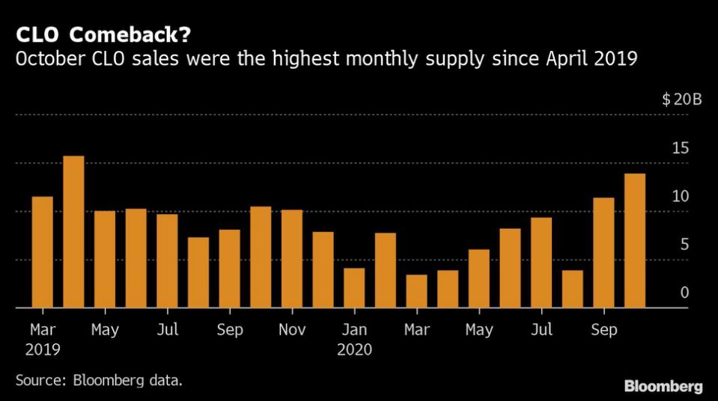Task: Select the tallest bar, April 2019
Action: [73, 232]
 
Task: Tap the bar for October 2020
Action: [635, 241]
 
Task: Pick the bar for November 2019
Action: [292, 259]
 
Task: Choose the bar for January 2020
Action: [354, 288]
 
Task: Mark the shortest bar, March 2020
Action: [417, 291]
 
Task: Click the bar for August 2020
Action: [573, 289]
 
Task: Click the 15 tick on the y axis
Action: [680, 148]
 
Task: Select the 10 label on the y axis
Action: [680, 197]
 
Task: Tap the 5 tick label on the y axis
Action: [684, 245]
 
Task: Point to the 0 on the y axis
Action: [684, 293]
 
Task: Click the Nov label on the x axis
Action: [292, 330]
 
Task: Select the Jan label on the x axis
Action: [354, 330]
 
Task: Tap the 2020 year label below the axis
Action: [354, 349]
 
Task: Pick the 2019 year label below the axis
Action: [41, 349]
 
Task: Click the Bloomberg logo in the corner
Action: [663, 386]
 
